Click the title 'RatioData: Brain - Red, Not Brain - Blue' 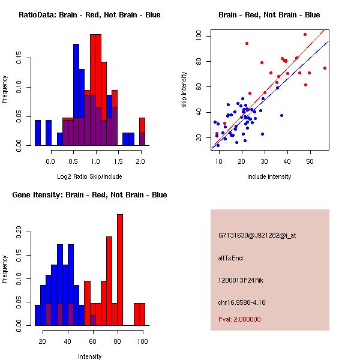[89, 15]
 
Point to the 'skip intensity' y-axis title [185, 90]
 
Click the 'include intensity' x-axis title [269, 176]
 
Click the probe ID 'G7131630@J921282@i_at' [257, 235]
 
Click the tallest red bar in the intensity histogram [120, 269]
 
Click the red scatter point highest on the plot [305, 34]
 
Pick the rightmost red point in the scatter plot [325, 68]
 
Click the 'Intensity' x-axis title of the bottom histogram [89, 356]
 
